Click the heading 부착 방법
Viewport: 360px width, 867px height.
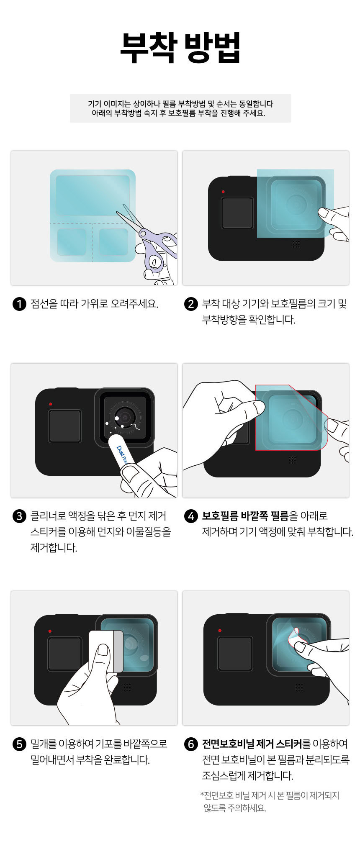click(x=180, y=48)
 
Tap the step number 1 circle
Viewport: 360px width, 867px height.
click(x=19, y=304)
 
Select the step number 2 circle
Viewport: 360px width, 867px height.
click(x=191, y=304)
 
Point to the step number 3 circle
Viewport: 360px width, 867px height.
click(x=19, y=516)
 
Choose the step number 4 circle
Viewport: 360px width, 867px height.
click(x=191, y=516)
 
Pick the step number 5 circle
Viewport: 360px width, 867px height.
click(x=19, y=744)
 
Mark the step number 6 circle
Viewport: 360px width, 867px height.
click(x=191, y=744)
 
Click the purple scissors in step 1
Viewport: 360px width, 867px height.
click(x=153, y=243)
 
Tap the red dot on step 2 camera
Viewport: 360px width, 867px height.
click(x=224, y=192)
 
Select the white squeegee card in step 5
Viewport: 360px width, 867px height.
click(x=106, y=651)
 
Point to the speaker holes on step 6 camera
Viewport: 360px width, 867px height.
click(x=299, y=687)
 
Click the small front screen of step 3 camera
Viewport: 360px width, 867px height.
click(x=65, y=426)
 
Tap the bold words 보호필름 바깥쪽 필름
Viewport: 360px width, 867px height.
click(x=245, y=516)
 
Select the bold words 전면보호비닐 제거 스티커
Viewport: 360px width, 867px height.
click(x=252, y=744)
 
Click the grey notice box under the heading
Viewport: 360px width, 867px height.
click(x=180, y=108)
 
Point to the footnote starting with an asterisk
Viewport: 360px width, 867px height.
click(x=270, y=801)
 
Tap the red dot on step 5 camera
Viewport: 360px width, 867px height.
click(x=50, y=631)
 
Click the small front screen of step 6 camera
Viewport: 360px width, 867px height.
click(x=235, y=654)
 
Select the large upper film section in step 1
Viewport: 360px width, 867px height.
click(x=93, y=196)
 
